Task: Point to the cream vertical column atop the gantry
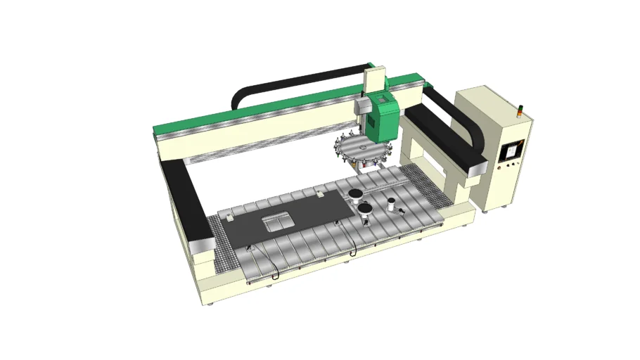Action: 375,79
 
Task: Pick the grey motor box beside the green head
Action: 361,105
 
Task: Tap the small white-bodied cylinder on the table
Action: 390,206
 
